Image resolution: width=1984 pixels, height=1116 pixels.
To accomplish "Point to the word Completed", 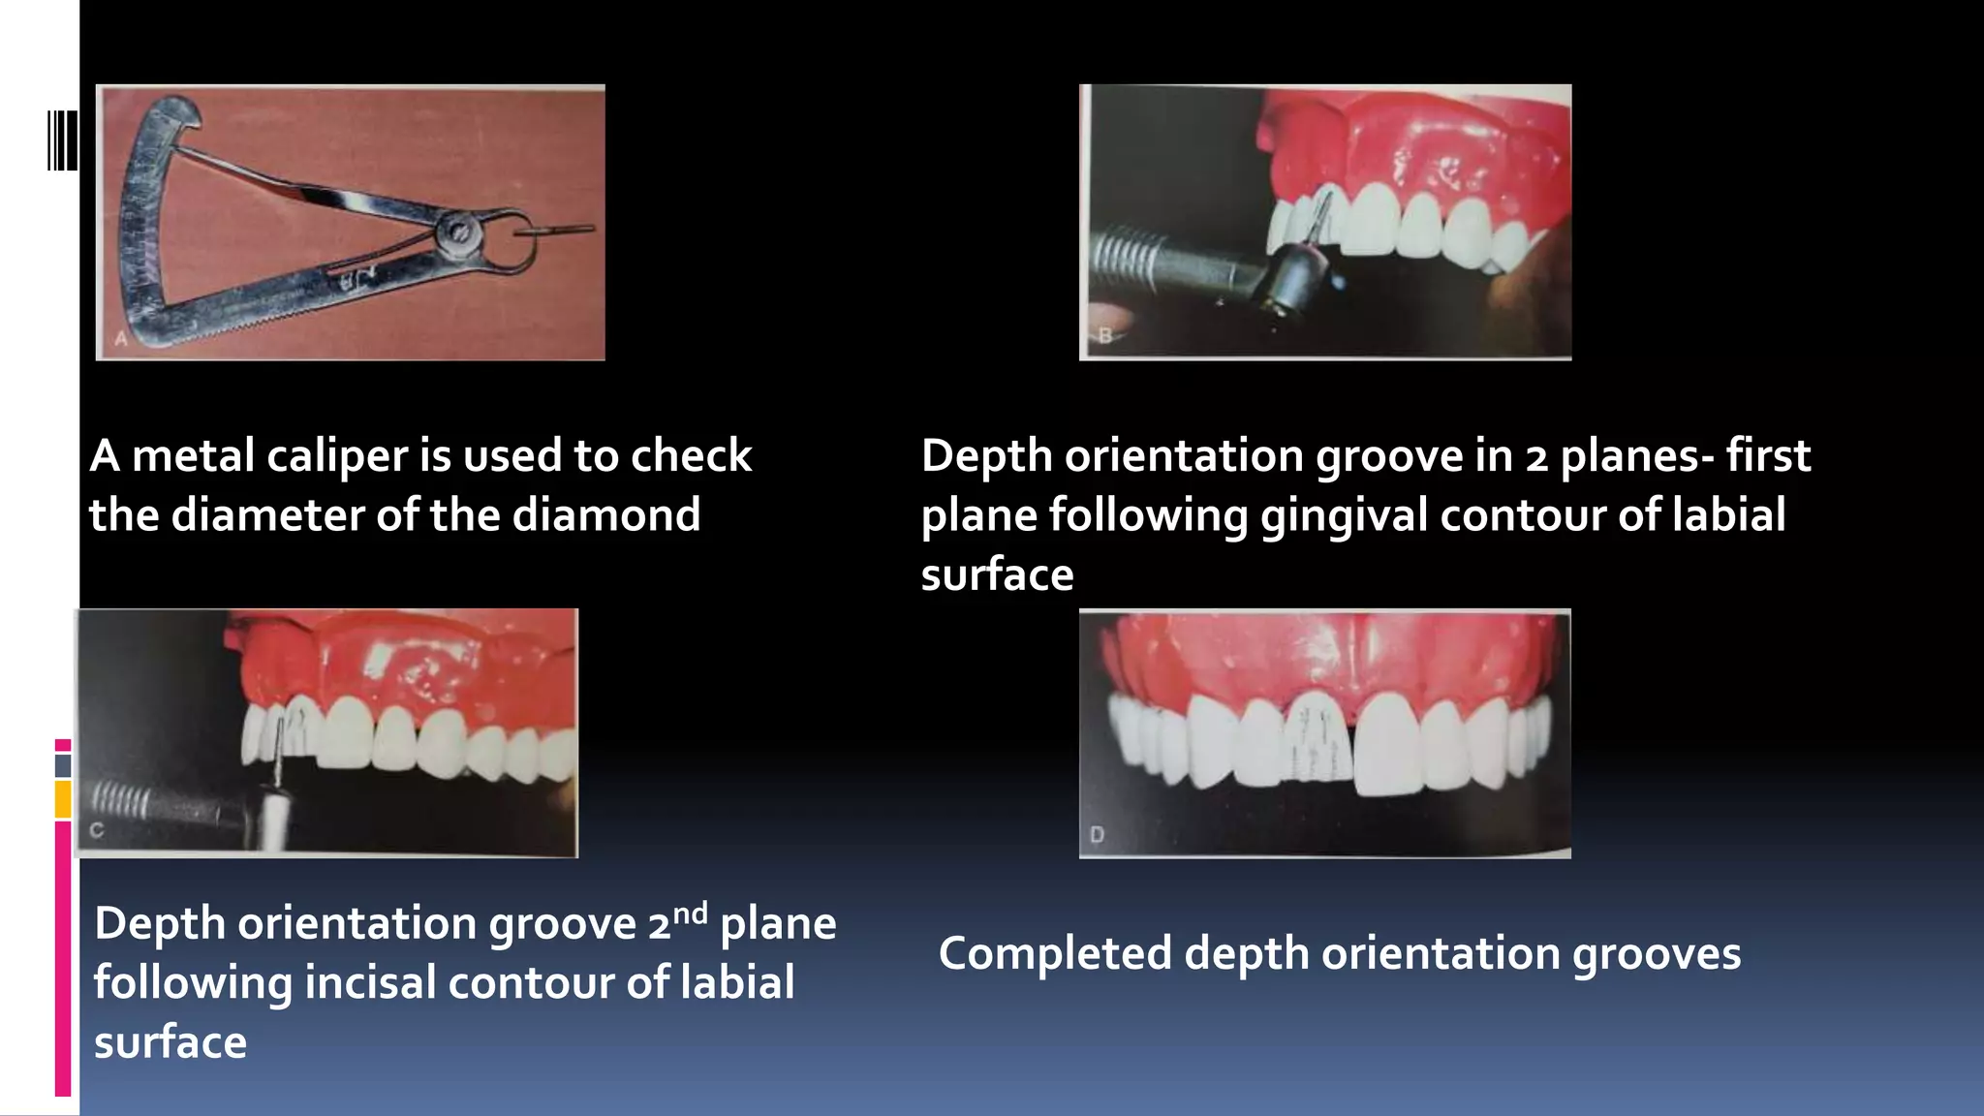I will [x=1055, y=953].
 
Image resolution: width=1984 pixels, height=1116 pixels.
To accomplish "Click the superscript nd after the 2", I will [x=691, y=914].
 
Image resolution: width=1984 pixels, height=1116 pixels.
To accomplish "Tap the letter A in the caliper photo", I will [x=121, y=339].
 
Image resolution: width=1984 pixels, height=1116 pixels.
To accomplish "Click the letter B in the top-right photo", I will [x=1105, y=336].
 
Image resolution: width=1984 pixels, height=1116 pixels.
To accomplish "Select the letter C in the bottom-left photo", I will [x=96, y=830].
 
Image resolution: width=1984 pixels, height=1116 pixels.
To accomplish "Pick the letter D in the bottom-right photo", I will [x=1097, y=834].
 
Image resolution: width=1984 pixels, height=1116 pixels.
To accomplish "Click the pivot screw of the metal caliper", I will [x=457, y=234].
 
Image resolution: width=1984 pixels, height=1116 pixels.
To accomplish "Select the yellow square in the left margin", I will [x=63, y=799].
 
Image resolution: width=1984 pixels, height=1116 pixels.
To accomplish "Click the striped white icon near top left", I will [x=62, y=140].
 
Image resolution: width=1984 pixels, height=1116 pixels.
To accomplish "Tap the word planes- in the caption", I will [x=1636, y=456].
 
